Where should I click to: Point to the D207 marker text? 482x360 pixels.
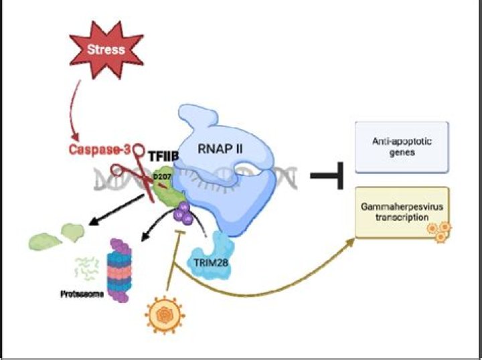point(160,176)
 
